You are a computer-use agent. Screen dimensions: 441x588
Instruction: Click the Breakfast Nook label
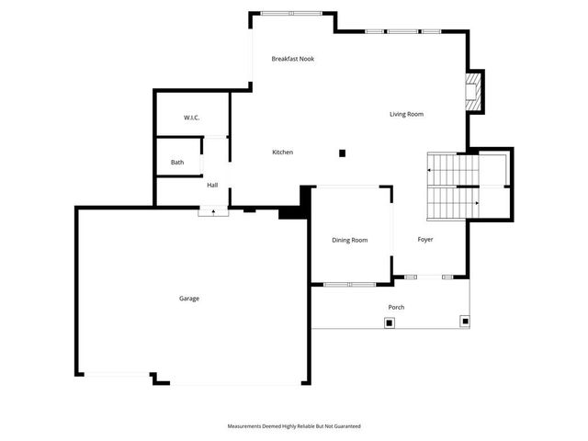coord(293,59)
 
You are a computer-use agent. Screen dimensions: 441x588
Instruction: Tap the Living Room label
coord(406,114)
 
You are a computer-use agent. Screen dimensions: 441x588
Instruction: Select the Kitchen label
coord(282,152)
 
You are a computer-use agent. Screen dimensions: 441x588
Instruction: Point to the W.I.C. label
coord(192,118)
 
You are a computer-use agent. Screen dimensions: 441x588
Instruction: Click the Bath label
coord(177,163)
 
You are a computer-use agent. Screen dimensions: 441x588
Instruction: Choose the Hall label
coord(212,185)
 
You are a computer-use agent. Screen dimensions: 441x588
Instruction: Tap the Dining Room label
coord(349,240)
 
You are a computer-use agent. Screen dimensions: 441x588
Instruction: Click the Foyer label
coord(425,240)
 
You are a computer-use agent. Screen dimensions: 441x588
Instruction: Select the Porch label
coord(396,307)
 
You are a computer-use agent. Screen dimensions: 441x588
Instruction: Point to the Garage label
coord(189,298)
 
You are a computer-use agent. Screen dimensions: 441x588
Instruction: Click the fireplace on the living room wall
coord(473,92)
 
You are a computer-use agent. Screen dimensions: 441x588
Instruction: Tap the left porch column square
coord(390,322)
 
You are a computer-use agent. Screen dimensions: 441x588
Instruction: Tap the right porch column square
coord(465,322)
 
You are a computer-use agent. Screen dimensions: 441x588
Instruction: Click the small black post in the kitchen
coord(342,153)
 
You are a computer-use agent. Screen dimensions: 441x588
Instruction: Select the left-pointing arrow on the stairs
coord(430,170)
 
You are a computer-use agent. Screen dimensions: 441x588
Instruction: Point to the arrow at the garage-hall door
coord(213,211)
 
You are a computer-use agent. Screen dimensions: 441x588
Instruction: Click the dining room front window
coord(349,284)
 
